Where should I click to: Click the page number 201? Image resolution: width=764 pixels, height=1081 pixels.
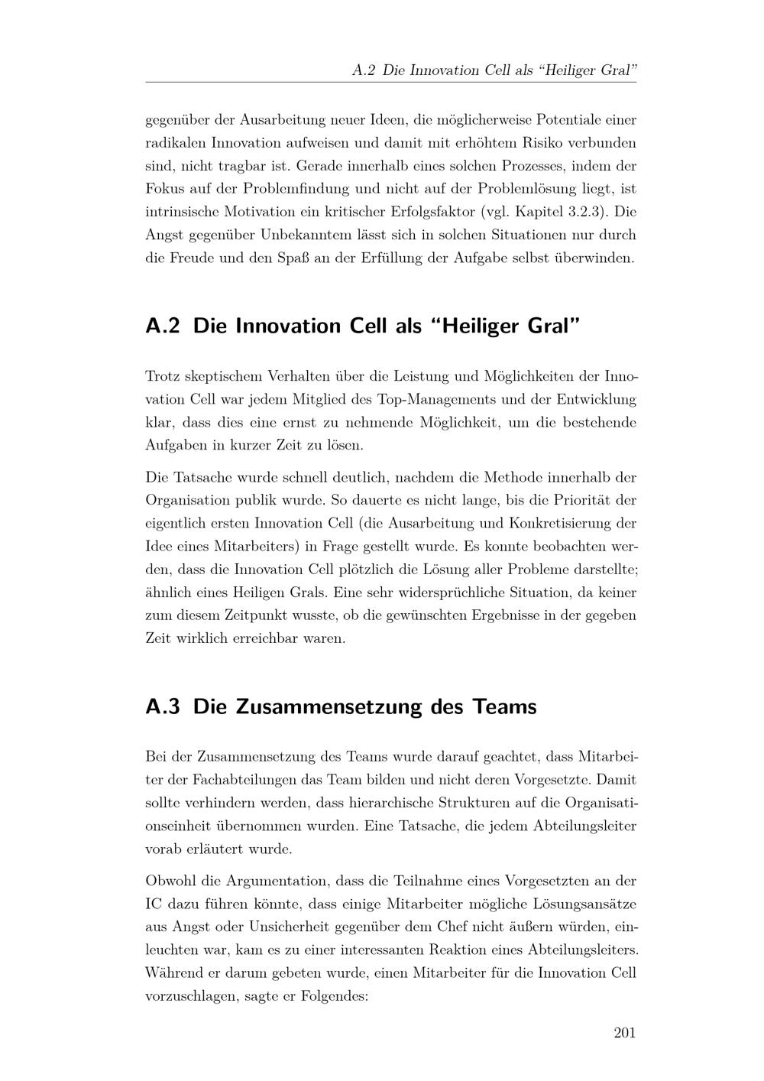[624, 1034]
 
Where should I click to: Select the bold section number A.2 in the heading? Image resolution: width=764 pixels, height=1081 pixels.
[163, 326]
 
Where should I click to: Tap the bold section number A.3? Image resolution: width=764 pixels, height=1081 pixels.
[163, 706]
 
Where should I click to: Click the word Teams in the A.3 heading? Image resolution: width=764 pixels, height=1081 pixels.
[504, 706]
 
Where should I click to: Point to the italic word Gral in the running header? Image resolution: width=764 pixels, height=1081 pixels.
[620, 70]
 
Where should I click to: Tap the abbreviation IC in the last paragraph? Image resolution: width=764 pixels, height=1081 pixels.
[153, 904]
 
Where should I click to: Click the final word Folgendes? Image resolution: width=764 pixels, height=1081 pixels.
[335, 996]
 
